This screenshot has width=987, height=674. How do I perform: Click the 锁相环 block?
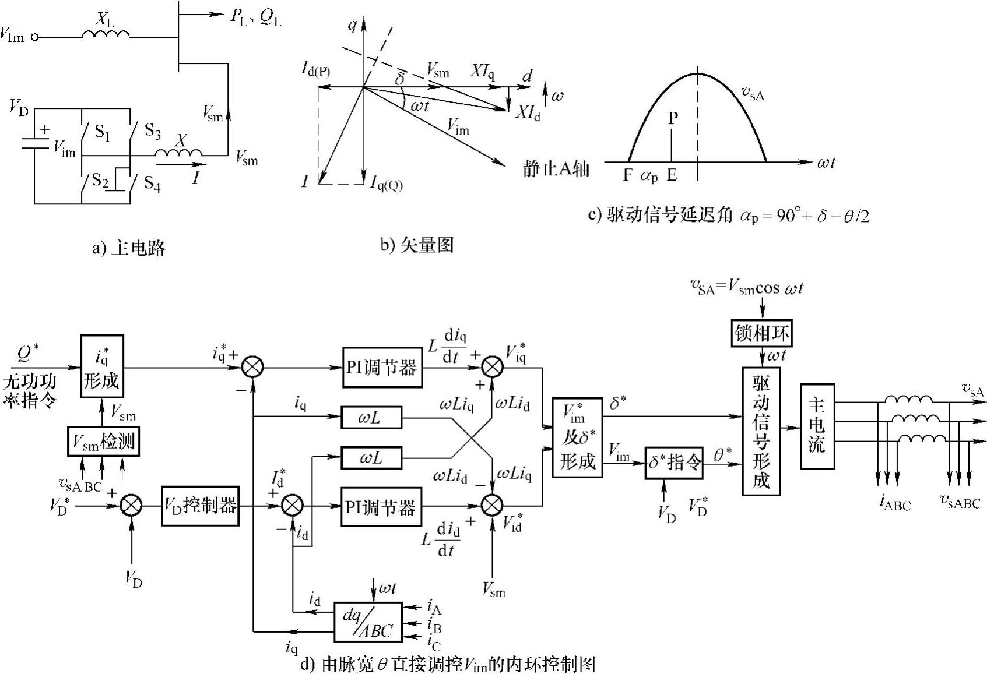[761, 334]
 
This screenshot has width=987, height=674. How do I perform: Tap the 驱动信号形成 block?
[761, 431]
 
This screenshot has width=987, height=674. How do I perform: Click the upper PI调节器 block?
[381, 368]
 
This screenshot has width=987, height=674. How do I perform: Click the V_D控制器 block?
[200, 506]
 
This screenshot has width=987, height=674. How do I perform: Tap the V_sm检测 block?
[103, 443]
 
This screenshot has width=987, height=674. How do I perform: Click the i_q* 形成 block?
[101, 366]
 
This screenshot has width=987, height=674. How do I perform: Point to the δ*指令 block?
[674, 463]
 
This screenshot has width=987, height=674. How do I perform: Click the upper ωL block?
[371, 417]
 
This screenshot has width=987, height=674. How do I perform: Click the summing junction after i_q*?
[252, 367]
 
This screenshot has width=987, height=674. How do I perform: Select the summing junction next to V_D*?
[132, 506]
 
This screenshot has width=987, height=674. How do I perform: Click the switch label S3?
[152, 132]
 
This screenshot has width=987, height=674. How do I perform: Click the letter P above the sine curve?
[673, 119]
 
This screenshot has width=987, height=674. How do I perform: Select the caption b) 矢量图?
[417, 245]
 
